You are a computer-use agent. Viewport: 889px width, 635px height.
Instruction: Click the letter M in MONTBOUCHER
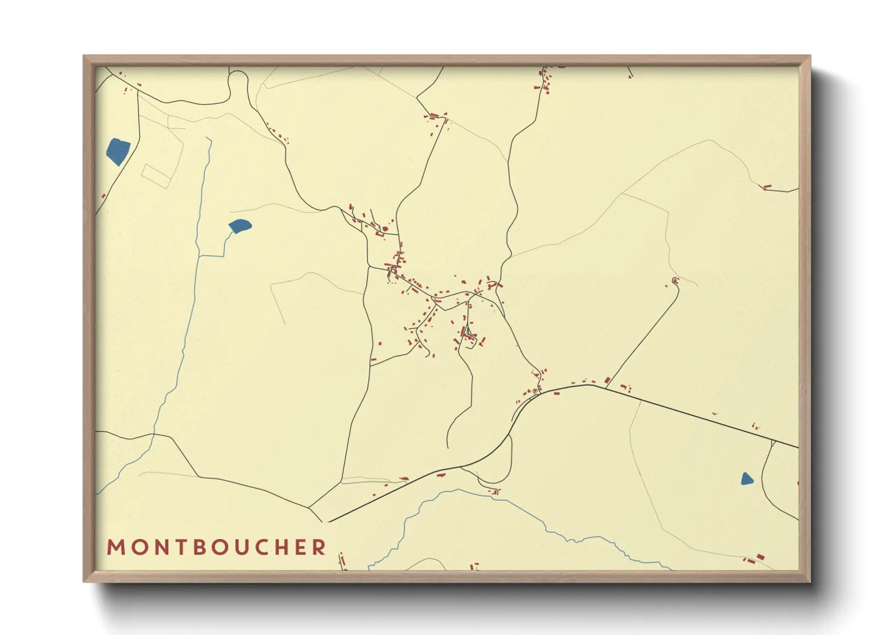pos(115,547)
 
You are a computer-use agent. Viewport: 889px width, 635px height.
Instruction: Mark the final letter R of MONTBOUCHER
pos(320,547)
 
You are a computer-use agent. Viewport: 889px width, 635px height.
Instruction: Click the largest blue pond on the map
pos(118,151)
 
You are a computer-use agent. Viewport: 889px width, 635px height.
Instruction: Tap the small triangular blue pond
pos(746,479)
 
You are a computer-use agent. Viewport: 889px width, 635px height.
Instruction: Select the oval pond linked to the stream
pos(240,226)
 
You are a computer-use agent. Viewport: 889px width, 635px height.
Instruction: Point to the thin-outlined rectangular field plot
pos(157,176)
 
